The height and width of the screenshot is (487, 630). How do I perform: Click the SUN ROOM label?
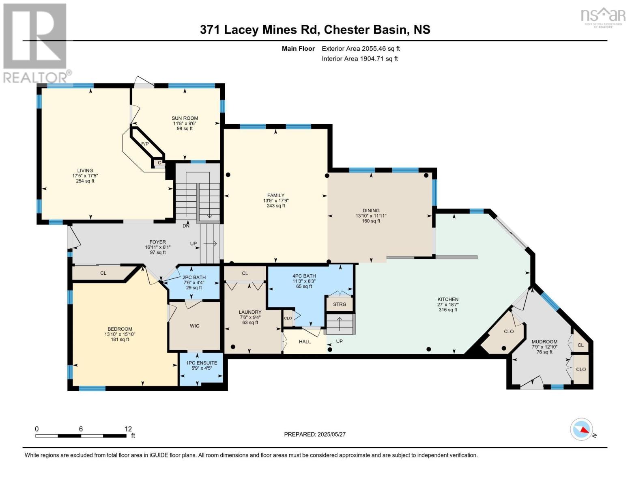pos(185,118)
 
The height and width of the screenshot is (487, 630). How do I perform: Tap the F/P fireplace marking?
pos(145,144)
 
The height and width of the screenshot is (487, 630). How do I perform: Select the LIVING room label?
pos(85,170)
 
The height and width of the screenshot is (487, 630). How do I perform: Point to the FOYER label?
pos(158,242)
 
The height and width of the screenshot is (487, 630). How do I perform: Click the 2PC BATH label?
pos(194,277)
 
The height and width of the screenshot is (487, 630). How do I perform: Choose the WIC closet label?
pos(195,326)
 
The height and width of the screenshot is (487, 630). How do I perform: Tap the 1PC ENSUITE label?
pos(202,363)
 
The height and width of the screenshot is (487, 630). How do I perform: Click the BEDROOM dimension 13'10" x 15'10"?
pos(120,334)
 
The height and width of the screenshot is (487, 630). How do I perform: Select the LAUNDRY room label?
pos(250,312)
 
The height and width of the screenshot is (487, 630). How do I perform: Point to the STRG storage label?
pos(340,304)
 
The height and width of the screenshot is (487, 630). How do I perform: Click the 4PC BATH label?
pos(304,276)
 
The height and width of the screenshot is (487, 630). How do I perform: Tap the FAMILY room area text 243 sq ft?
pos(276,206)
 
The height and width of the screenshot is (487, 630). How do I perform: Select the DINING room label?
pos(371,211)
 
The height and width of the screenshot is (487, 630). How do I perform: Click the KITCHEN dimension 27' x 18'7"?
pos(448,304)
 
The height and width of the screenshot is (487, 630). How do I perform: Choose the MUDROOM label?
pos(544,342)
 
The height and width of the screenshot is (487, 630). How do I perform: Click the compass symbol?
pos(581,429)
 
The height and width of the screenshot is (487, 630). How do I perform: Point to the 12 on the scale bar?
pos(128,429)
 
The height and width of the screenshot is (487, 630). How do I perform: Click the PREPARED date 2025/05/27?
pos(331,434)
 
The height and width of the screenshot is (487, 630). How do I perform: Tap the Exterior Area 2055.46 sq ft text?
pos(361,48)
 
